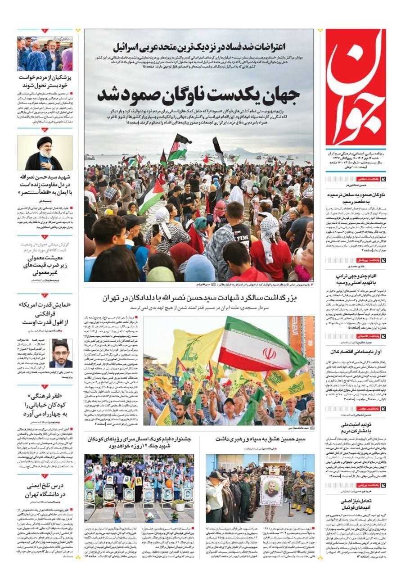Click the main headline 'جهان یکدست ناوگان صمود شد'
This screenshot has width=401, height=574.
pyautogui.click(x=198, y=95)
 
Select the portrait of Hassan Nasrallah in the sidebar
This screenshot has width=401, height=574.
pyautogui.click(x=45, y=153)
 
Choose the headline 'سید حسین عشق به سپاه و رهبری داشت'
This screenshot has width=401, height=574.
pyautogui.click(x=260, y=438)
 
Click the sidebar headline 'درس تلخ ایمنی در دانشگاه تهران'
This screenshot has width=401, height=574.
pyautogui.click(x=45, y=490)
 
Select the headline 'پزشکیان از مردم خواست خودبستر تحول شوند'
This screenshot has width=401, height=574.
pyautogui.click(x=45, y=81)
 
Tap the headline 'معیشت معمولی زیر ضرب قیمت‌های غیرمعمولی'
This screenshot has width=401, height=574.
pyautogui.click(x=45, y=265)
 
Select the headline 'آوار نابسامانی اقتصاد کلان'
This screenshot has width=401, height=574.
pyautogui.click(x=356, y=352)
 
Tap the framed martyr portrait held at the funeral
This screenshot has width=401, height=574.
pyautogui.click(x=271, y=490)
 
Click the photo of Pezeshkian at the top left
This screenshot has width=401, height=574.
pyautogui.click(x=45, y=54)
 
